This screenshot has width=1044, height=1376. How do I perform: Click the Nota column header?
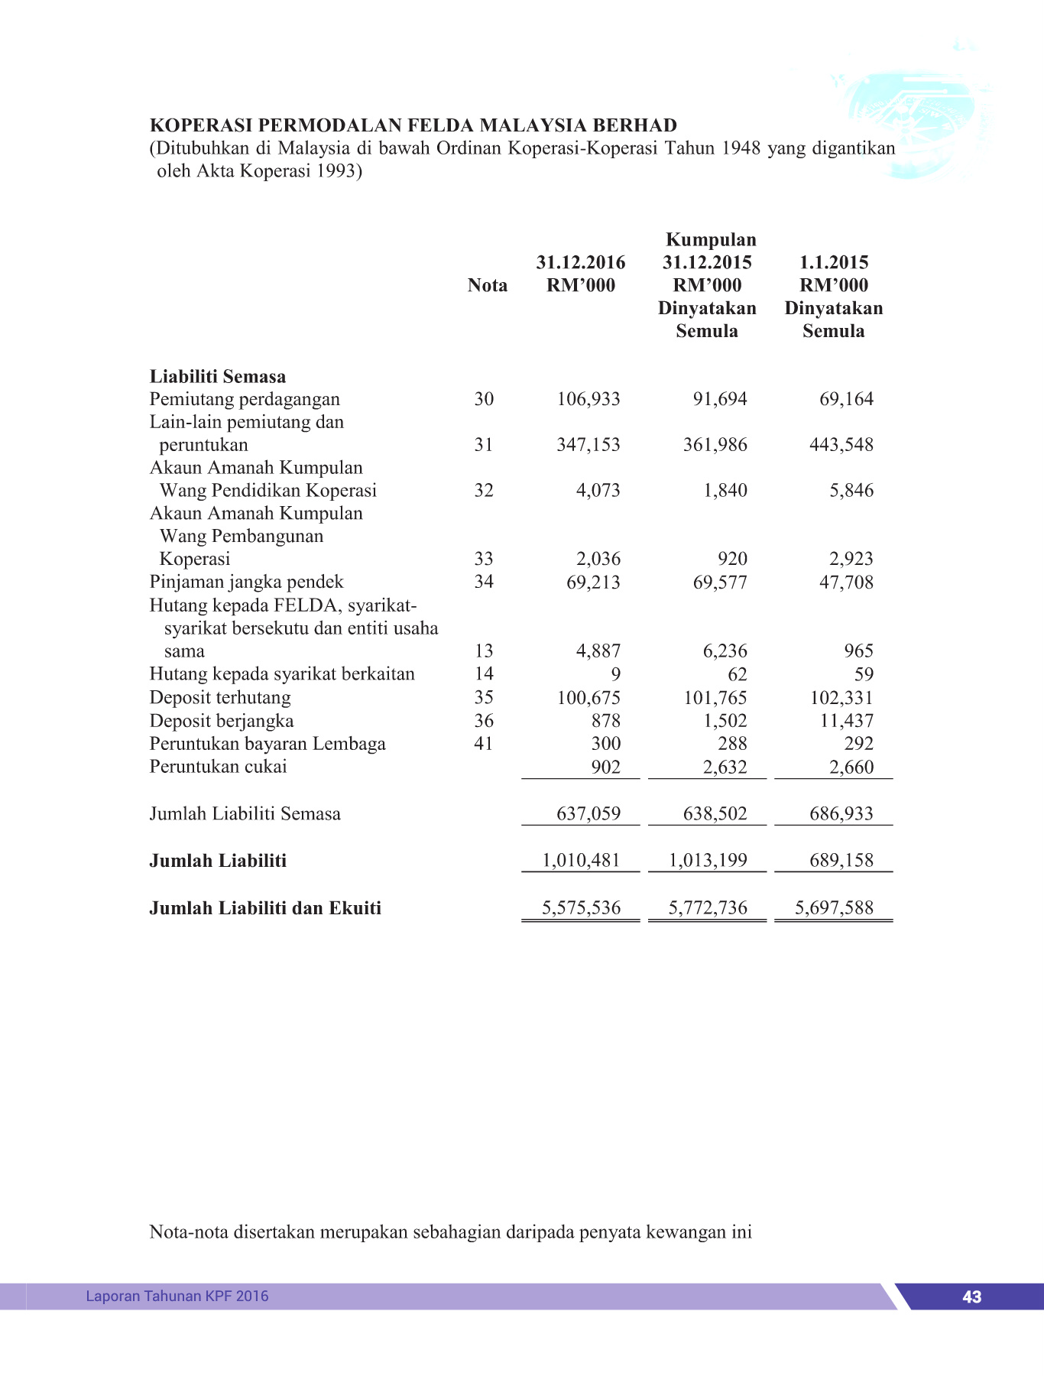[487, 285]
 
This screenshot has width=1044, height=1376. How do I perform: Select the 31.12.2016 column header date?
[580, 262]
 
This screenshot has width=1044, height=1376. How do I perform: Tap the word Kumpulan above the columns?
[711, 239]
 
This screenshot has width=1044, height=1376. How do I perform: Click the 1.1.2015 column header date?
[834, 262]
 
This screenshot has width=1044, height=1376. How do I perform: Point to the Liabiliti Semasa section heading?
[218, 376]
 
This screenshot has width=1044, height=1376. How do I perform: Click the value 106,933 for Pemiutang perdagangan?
[588, 399]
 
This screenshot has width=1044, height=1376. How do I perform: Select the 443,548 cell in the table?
[841, 445]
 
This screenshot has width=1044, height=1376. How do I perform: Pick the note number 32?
[484, 491]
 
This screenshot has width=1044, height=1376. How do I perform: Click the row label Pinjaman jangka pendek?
[246, 582]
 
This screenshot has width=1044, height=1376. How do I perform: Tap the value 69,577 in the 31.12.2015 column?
[720, 583]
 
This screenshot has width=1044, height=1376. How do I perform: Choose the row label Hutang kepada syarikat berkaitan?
[282, 674]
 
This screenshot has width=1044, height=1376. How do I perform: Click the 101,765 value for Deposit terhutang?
[715, 698]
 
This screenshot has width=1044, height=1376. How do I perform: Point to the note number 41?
[484, 744]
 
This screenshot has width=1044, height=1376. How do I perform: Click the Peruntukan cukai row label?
[218, 767]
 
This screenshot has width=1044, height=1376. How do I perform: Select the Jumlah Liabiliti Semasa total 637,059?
[588, 813]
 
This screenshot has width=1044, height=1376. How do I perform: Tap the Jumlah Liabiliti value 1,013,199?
[708, 861]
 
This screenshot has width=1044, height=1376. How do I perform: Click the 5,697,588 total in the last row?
[834, 908]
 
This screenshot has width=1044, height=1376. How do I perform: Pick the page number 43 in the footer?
[971, 1296]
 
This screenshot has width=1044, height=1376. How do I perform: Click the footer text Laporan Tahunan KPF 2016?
[177, 1296]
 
